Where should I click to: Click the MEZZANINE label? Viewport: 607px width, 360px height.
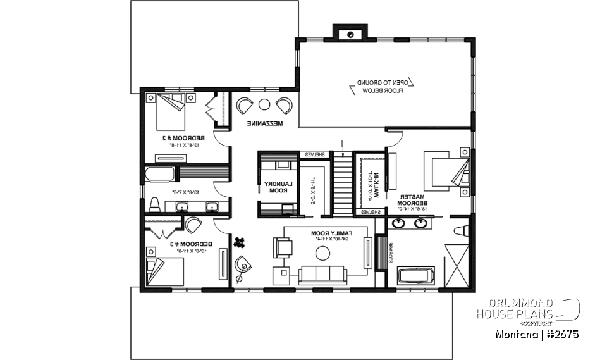265,123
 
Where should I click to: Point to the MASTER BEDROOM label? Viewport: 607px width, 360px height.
409,201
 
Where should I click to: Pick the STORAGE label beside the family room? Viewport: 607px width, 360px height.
391,253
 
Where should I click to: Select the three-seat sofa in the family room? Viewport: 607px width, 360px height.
323,274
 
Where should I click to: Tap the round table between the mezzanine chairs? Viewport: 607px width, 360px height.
264,104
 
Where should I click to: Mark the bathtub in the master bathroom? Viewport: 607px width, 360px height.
415,276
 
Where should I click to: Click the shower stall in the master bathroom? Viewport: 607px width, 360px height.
457,263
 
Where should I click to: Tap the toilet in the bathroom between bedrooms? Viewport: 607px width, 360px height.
154,204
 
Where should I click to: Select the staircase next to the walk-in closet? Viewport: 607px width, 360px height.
342,187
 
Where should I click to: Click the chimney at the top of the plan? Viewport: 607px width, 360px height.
350,33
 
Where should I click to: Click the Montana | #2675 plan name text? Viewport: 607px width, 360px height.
537,334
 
